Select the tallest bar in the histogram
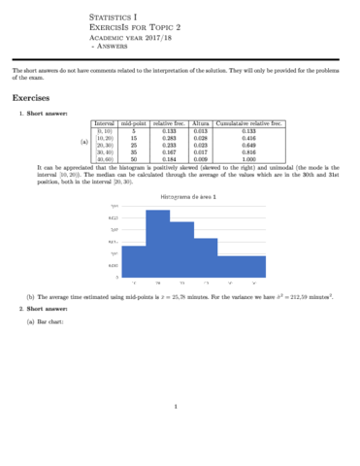pyautogui.click(x=157, y=242)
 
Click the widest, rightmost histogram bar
pyautogui.click(x=242, y=267)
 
